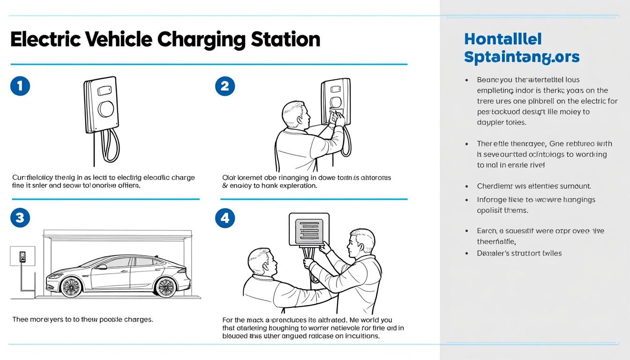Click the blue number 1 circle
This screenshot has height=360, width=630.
(x=20, y=86)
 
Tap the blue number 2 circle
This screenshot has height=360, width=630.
(x=225, y=86)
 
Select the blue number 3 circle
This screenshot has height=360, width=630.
(x=20, y=217)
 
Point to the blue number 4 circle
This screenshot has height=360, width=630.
(x=225, y=217)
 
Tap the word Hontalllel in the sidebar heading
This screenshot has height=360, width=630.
(x=502, y=39)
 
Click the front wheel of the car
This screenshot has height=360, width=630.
(x=71, y=286)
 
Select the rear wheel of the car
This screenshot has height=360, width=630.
(x=166, y=286)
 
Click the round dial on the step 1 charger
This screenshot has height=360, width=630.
(x=106, y=109)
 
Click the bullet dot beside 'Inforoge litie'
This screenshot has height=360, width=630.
(x=466, y=200)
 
